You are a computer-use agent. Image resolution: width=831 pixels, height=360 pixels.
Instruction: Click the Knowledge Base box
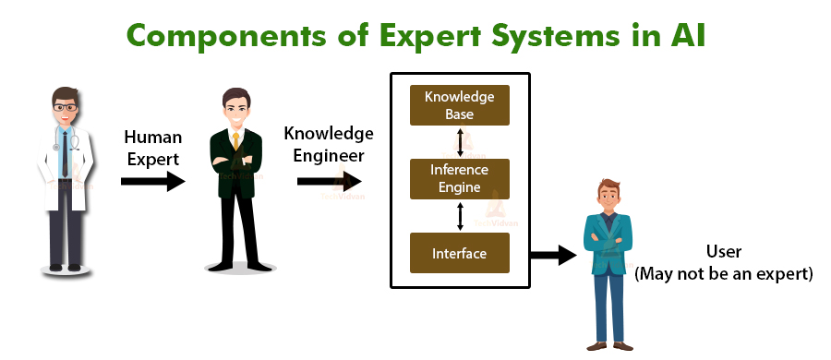459,105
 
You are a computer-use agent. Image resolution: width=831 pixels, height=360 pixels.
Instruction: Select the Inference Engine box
459,178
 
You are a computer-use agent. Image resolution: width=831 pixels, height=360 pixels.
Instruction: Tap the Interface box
459,252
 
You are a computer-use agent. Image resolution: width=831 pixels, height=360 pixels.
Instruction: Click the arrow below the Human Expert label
152,183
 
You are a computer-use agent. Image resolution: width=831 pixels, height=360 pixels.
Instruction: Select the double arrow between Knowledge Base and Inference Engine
459,142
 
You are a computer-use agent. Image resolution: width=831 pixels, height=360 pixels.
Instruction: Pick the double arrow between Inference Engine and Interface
459,216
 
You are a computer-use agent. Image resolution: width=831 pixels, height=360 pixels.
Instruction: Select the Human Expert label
152,147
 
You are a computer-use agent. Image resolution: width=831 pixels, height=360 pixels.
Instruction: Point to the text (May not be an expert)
723,273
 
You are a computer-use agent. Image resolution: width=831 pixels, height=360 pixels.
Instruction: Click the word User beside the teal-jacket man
724,251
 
